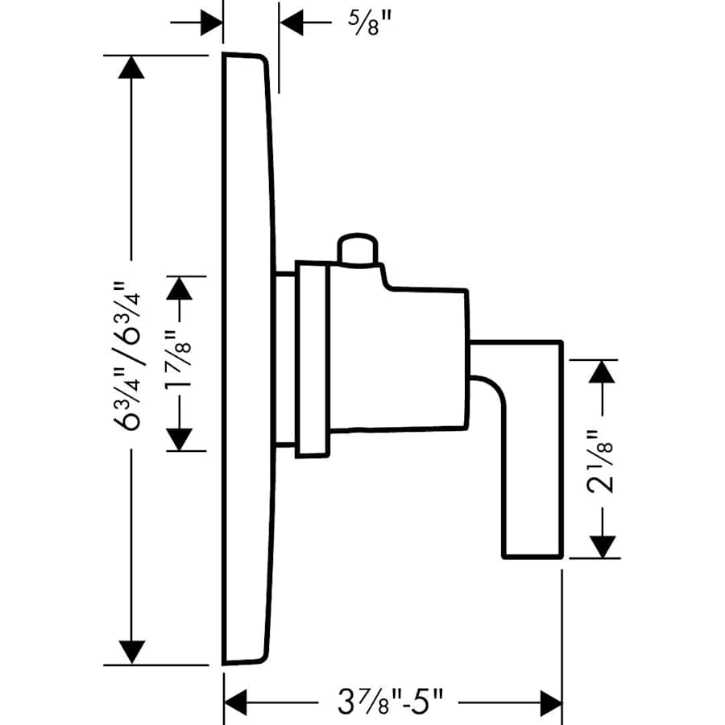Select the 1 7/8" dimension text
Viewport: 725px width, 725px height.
[179, 362]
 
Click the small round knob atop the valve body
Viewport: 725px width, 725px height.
[357, 249]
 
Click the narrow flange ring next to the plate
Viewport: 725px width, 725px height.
[312, 358]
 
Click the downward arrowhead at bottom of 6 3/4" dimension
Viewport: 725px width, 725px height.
[130, 652]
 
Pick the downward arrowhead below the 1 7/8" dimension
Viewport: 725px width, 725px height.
[179, 438]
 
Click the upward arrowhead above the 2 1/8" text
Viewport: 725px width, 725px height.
[599, 372]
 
